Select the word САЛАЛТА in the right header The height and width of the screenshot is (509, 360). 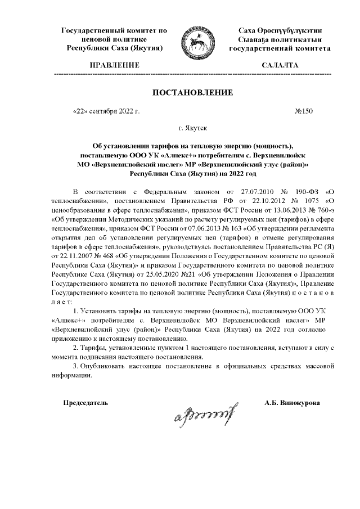tap(280, 65)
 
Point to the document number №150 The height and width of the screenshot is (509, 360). tap(303, 111)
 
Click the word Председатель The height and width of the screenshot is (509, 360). tap(85, 403)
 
